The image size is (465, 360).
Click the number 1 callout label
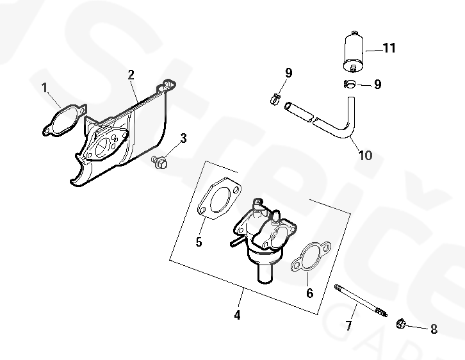coord(45,88)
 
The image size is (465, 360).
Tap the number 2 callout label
coord(131,75)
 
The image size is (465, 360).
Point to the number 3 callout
coord(183,138)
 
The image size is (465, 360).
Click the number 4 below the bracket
coord(237,315)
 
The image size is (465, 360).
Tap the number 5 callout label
coord(199,241)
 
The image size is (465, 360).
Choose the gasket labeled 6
coord(308,258)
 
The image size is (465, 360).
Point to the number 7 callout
coord(348,325)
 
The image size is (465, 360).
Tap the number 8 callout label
coord(434,329)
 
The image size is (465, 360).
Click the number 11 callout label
coord(389,48)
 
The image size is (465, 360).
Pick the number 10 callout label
coord(364,154)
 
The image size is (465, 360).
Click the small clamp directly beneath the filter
coord(349,83)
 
